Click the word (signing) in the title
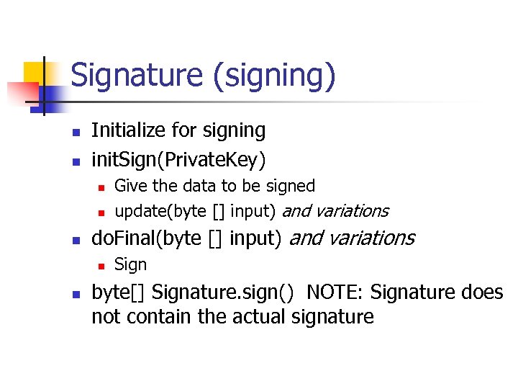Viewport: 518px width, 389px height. coord(281,77)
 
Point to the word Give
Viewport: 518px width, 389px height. coord(131,186)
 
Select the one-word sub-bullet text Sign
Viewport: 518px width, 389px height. coord(130,264)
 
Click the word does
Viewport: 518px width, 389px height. coord(483,292)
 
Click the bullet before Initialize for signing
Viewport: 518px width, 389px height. coord(74,132)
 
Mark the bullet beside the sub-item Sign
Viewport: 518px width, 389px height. coord(101,266)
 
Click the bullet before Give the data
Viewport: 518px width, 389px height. coord(101,187)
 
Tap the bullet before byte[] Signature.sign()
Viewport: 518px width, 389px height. coord(74,293)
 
